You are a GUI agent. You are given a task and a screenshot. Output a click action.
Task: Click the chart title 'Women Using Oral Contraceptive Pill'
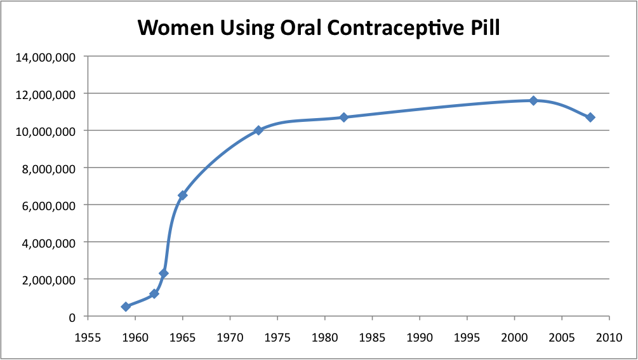[319, 27]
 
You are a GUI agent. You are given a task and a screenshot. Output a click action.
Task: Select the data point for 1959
[126, 307]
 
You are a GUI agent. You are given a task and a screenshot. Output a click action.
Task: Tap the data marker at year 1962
[154, 294]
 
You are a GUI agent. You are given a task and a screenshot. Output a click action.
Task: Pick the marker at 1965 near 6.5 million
[182, 196]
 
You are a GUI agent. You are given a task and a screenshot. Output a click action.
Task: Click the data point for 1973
[258, 130]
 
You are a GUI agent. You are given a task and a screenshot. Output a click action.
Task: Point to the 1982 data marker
[344, 117]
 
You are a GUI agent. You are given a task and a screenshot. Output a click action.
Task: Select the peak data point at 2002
[533, 100]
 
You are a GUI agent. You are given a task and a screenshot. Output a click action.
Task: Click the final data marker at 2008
[590, 117]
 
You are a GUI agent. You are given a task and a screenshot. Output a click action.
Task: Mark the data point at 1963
[164, 274]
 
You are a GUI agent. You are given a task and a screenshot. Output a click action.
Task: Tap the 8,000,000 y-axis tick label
[49, 168]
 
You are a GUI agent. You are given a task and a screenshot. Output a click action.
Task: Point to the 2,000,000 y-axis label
[49, 280]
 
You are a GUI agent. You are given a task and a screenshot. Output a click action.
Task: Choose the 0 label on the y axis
[72, 317]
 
